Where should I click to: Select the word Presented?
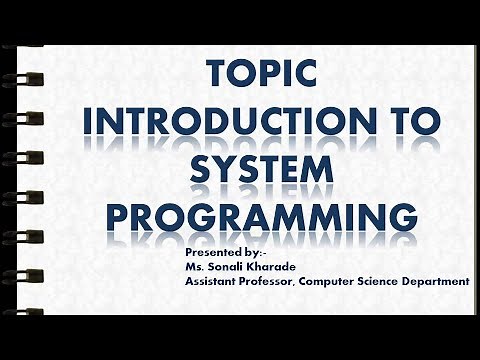tap(213, 255)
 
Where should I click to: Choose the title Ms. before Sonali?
tap(196, 268)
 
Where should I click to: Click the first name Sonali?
tap(230, 268)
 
